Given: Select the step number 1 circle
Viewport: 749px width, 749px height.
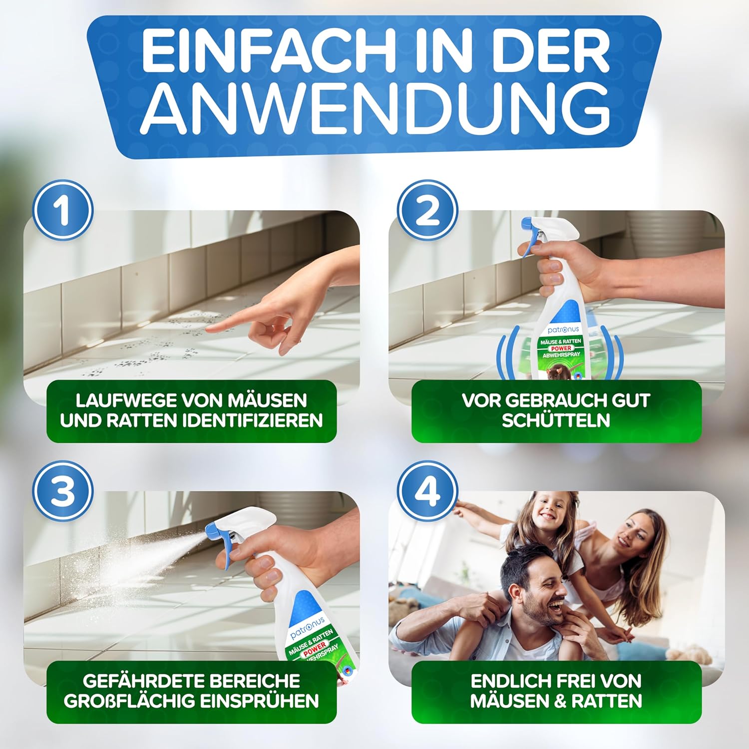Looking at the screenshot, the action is [x=63, y=210].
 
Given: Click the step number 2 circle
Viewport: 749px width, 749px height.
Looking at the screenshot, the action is [x=428, y=210].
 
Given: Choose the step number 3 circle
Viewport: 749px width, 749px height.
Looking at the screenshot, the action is [x=63, y=491].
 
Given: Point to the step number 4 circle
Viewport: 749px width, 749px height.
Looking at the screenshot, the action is [x=428, y=491].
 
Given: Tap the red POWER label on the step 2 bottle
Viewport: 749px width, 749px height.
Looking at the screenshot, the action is [x=561, y=348].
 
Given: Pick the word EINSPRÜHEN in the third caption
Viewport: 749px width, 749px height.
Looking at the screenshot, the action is [x=259, y=701].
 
